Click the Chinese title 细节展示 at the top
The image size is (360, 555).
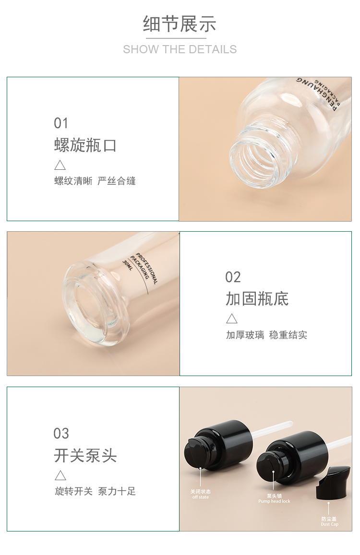pyautogui.click(x=180, y=24)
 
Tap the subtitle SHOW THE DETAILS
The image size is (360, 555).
pyautogui.click(x=180, y=49)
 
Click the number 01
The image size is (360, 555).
pyautogui.click(x=61, y=123)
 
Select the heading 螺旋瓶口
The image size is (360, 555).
pyautogui.click(x=85, y=145)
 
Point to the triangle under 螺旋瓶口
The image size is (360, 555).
pyautogui.click(x=60, y=165)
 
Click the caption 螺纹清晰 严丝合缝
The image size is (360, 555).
pyautogui.click(x=95, y=181)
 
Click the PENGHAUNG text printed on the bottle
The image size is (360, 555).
pyautogui.click(x=316, y=93)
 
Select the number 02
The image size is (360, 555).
pyautogui.click(x=233, y=277)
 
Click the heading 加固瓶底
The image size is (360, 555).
pyautogui.click(x=257, y=299)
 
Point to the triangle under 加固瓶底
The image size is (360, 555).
pyautogui.click(x=232, y=319)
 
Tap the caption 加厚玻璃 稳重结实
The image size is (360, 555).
pyautogui.click(x=266, y=335)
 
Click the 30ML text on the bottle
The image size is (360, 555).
pyautogui.click(x=128, y=265)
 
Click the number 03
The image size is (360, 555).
pyautogui.click(x=61, y=434)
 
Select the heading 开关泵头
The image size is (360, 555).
pyautogui.click(x=85, y=455)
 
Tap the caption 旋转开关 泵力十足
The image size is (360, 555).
pyautogui.click(x=96, y=491)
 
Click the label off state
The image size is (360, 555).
pyautogui.click(x=201, y=497)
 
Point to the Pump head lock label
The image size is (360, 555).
pyautogui.click(x=274, y=501)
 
